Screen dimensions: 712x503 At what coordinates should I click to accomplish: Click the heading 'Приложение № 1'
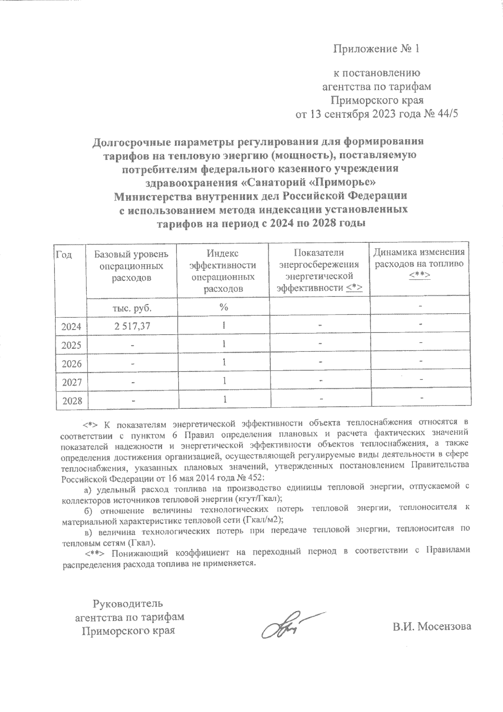click(x=376, y=49)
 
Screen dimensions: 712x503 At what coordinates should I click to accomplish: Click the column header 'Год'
click(x=64, y=255)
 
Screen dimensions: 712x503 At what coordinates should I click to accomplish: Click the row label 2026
click(x=71, y=364)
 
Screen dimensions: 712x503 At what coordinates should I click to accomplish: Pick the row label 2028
click(x=71, y=401)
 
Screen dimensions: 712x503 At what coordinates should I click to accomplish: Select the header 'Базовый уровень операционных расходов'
click(x=131, y=266)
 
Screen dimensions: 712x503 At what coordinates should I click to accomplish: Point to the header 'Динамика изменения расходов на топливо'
click(x=419, y=258)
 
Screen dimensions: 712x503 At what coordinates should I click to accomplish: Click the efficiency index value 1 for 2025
click(x=225, y=344)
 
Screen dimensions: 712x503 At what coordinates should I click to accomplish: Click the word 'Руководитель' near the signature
click(x=127, y=604)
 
